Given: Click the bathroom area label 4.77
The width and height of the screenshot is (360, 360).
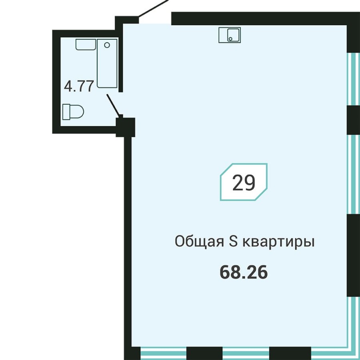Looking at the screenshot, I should [x=79, y=86].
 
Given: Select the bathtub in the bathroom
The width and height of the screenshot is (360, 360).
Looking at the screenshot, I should [x=107, y=63].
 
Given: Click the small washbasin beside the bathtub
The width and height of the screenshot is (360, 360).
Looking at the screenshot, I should [x=85, y=44].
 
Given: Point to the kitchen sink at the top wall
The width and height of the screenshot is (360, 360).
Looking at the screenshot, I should [x=230, y=35].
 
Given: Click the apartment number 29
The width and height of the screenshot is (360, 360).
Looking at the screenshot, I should [x=244, y=183].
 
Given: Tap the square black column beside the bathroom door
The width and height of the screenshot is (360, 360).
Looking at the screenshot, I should [x=126, y=127].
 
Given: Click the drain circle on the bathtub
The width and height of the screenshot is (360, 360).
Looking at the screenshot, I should [x=106, y=45].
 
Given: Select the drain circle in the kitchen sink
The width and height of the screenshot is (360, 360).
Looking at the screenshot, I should [x=230, y=38].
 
